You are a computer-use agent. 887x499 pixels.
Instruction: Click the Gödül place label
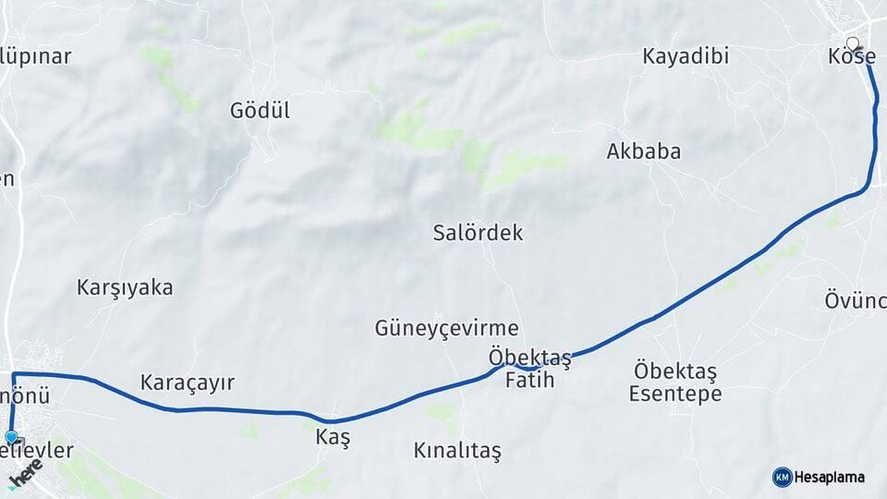[260, 111]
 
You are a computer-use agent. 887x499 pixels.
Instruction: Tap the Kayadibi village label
[686, 56]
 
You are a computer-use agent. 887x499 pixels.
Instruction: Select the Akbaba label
[644, 152]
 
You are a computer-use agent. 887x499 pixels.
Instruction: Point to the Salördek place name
[478, 233]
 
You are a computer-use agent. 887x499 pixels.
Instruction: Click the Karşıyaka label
[125, 287]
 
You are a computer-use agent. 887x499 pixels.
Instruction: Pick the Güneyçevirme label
[446, 328]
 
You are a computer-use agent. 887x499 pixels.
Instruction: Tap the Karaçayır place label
[188, 382]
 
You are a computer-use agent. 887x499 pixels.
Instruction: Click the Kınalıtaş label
[456, 451]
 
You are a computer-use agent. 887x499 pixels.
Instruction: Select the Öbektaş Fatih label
[529, 368]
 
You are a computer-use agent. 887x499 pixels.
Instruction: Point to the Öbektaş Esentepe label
[675, 383]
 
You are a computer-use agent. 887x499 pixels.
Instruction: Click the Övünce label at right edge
[856, 300]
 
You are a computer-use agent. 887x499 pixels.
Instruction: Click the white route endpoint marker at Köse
[852, 43]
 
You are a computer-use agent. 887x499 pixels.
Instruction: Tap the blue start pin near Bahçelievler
[11, 437]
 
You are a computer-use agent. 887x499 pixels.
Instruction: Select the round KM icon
[782, 477]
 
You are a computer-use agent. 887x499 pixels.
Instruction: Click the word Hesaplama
[830, 477]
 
